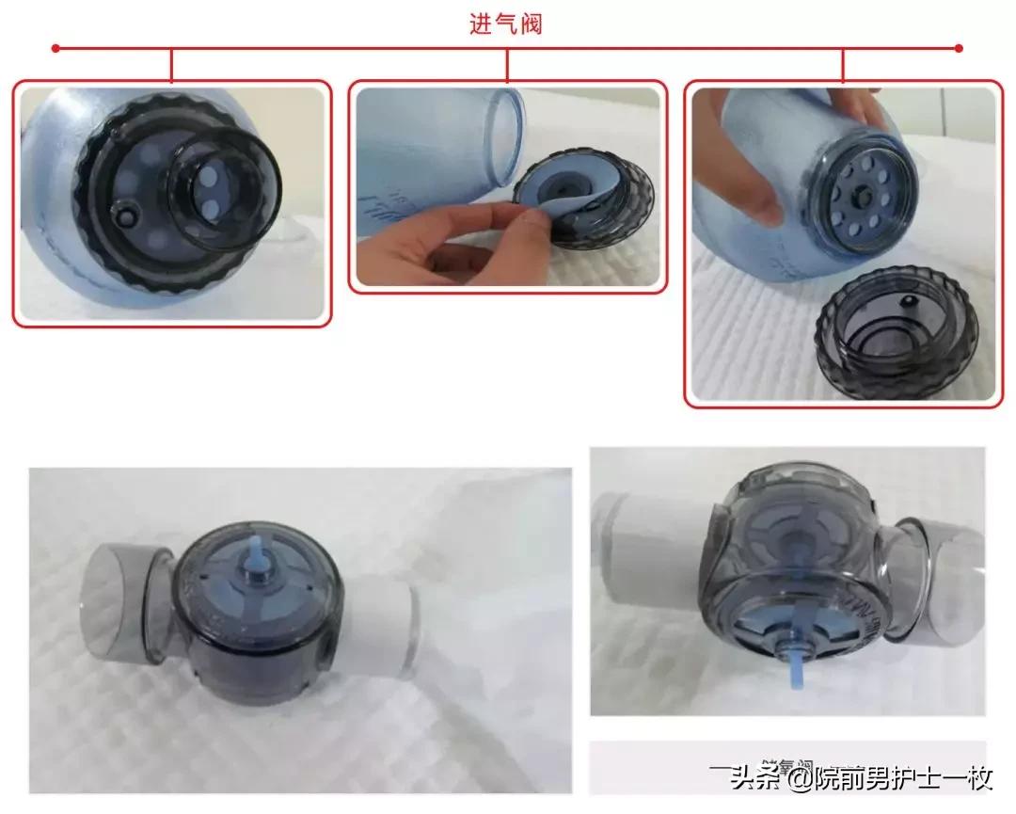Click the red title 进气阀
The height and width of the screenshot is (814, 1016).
506,24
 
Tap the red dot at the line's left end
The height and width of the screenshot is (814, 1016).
56,47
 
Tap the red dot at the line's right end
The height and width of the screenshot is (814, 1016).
959,47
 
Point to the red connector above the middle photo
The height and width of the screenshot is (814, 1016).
507,64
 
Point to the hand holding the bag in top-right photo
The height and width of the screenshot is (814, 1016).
743,179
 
